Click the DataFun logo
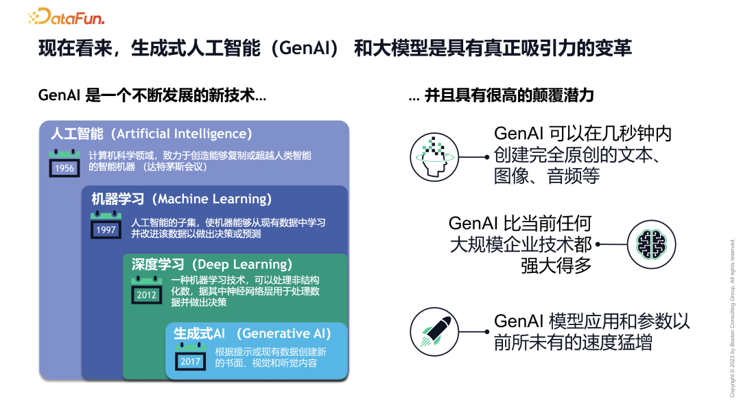coord(67,17)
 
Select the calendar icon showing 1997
coord(106,226)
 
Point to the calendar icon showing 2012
coord(147,291)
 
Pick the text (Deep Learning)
coord(242,264)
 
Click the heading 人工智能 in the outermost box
coord(77,134)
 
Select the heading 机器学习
coord(117,199)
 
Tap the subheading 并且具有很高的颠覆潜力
coord(509,96)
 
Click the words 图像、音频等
coord(547,176)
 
